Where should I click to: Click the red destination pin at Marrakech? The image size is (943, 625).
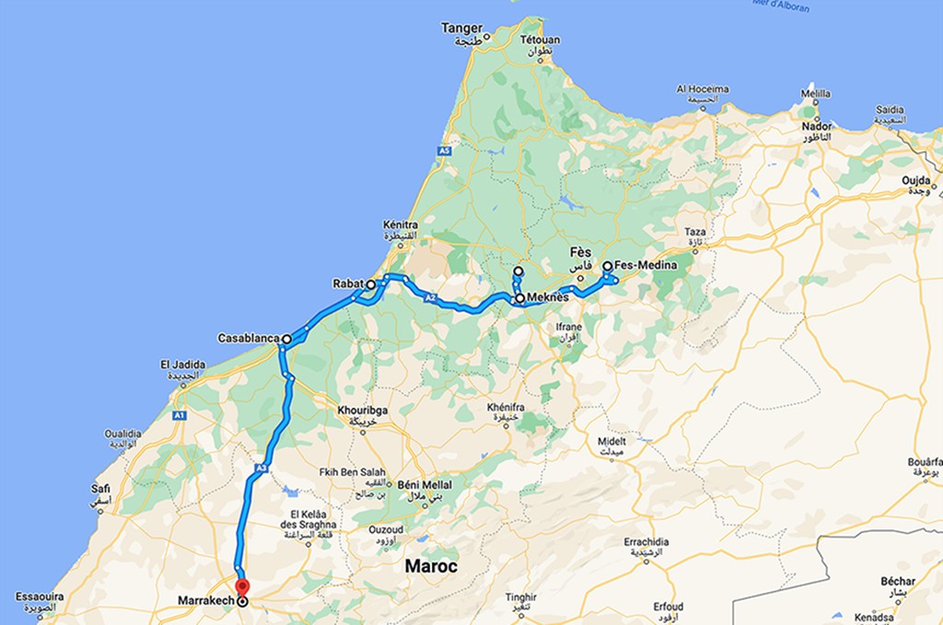pyautogui.click(x=241, y=587)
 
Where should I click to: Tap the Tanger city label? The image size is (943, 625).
pyautogui.click(x=461, y=29)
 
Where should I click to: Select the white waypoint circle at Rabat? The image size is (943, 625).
pyautogui.click(x=371, y=285)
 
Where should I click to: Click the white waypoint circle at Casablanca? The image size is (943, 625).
pyautogui.click(x=287, y=339)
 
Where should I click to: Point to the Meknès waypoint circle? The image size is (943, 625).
pyautogui.click(x=520, y=298)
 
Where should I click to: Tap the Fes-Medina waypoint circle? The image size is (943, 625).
pyautogui.click(x=608, y=266)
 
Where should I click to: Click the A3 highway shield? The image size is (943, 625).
pyautogui.click(x=262, y=469)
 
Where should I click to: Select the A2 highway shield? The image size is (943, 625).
pyautogui.click(x=430, y=298)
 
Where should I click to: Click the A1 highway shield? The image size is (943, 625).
pyautogui.click(x=180, y=416)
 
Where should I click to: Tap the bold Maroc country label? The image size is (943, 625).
pyautogui.click(x=432, y=566)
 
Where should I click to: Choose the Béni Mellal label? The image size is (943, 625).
pyautogui.click(x=425, y=483)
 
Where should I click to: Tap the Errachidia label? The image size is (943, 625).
pyautogui.click(x=646, y=542)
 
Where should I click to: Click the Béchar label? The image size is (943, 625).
pyautogui.click(x=898, y=581)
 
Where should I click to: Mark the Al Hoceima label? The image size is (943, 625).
pyautogui.click(x=703, y=89)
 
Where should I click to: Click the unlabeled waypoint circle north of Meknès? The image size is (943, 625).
pyautogui.click(x=518, y=272)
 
